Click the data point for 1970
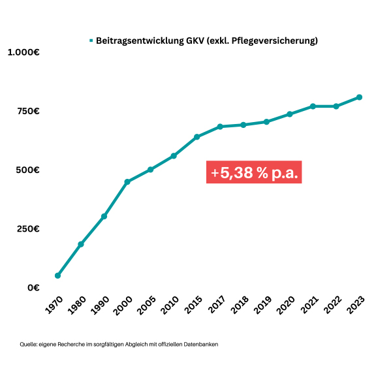[57, 275]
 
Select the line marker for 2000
[127, 181]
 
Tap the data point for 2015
[196, 136]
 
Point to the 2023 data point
[359, 97]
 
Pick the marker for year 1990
[104, 216]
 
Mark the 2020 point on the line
[289, 114]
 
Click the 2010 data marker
[174, 156]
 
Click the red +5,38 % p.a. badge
[254, 173]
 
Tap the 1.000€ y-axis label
[23, 52]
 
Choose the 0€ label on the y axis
[34, 287]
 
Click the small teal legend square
[91, 41]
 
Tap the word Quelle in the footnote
[27, 344]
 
